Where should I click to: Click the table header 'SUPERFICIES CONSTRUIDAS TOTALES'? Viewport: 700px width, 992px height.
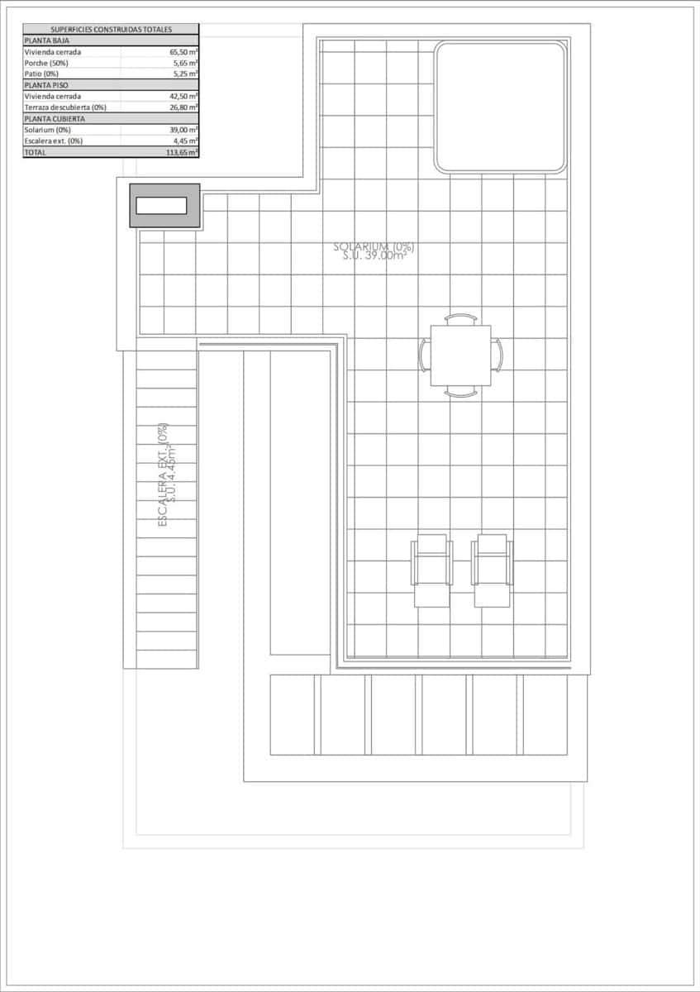[111, 29]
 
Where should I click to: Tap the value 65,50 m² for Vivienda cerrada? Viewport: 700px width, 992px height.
[183, 51]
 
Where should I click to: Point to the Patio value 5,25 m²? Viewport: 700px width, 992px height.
[183, 74]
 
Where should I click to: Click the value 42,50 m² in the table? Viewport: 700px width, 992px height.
[183, 96]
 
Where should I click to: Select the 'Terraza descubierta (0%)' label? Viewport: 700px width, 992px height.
[65, 107]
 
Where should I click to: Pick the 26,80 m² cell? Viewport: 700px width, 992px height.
[183, 107]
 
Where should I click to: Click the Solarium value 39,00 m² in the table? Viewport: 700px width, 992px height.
[183, 130]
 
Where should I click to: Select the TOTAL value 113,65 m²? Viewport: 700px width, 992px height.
[181, 153]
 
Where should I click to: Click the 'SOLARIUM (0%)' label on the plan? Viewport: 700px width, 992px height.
[374, 246]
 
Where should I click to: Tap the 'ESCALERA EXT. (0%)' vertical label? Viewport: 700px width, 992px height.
[164, 475]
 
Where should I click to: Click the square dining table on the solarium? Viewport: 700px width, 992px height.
[460, 355]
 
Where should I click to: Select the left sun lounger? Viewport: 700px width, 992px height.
[432, 570]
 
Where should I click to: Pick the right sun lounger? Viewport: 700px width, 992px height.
[492, 570]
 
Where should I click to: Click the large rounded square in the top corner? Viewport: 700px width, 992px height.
[501, 107]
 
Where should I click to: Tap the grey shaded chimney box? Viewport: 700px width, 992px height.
[164, 206]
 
